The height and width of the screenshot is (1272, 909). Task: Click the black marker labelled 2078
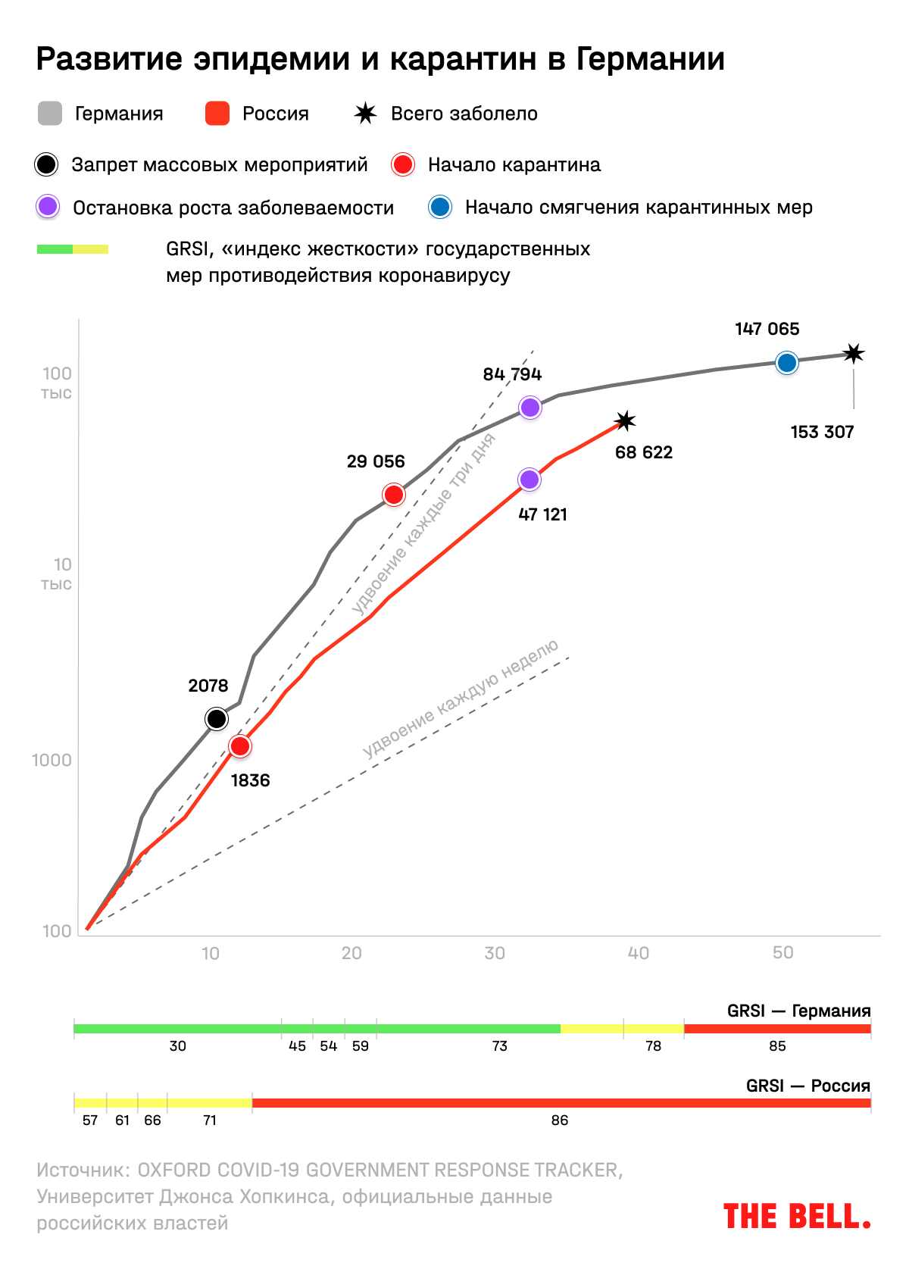pos(217,718)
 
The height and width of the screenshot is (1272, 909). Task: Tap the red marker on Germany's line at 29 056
pos(394,495)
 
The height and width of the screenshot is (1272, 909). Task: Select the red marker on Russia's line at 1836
pos(240,746)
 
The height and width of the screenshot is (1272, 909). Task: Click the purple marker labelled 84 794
pos(530,408)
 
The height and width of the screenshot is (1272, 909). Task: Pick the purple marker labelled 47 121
pos(529,480)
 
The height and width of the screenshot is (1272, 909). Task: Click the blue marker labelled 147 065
pos(787,363)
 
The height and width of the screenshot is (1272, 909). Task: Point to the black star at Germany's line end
pos(854,354)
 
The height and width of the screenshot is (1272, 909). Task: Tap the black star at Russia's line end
pos(625,421)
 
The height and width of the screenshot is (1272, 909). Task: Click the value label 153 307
pos(822,432)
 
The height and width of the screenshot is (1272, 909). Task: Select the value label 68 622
pos(644,452)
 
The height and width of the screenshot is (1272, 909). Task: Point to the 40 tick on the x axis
pos(639,953)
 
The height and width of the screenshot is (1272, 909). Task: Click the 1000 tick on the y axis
pos(52,760)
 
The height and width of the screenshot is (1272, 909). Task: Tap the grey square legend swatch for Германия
pos(50,114)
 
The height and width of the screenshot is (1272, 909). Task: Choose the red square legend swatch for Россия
pos(217,114)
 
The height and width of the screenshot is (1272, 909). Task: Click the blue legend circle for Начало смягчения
pos(440,207)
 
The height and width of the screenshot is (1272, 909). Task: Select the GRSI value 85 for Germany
pos(777,1046)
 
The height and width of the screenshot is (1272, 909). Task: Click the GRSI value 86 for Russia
pos(560,1120)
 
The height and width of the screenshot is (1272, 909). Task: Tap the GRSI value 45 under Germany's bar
pos(298,1046)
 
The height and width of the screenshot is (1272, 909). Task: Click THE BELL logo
pos(797,1216)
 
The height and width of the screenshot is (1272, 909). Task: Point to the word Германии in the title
pos(651,59)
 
